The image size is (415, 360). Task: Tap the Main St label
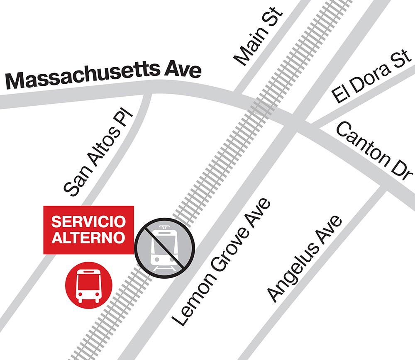(258, 35)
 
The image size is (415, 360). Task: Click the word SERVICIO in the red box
(88, 221)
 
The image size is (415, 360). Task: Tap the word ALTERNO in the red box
(88, 238)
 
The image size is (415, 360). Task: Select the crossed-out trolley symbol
(164, 248)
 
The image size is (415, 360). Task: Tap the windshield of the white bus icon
(88, 280)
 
